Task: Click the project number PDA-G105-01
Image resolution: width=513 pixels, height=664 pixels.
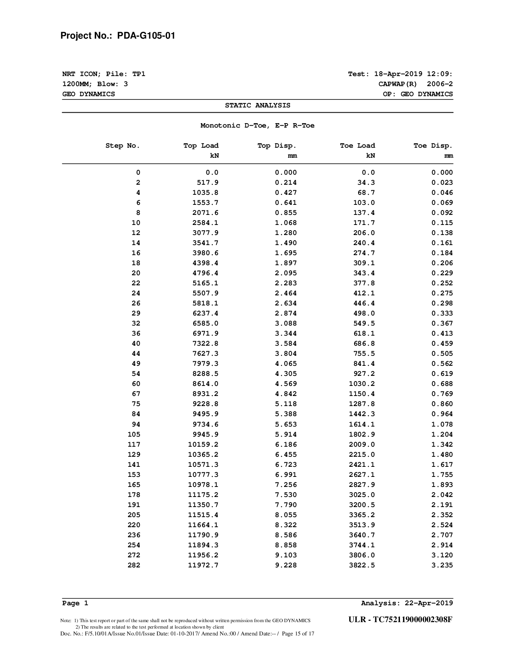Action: tap(146, 36)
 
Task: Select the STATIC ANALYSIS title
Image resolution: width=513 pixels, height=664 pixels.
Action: tap(258, 105)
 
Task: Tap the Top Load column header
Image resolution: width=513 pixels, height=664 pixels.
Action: tap(201, 146)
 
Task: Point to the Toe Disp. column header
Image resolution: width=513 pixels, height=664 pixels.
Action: tap(433, 146)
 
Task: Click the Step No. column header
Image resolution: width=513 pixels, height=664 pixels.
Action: tap(123, 146)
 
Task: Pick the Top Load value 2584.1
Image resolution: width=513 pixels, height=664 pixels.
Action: tap(205, 223)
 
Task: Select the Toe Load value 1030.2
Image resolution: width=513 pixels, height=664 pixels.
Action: tap(362, 384)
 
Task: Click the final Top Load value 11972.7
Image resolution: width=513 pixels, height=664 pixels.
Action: tap(203, 565)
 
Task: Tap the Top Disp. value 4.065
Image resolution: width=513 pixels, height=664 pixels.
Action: tap(286, 364)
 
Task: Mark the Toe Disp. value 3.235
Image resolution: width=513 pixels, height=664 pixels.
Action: tap(442, 565)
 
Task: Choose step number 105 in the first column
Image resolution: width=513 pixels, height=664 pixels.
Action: tap(134, 435)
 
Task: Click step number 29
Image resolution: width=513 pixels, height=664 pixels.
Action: tap(136, 313)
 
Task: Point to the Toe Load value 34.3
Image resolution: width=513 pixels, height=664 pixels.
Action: tap(366, 183)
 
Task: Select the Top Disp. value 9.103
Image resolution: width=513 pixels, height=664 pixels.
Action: tap(286, 555)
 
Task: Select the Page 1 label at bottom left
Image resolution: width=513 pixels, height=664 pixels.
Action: tap(75, 603)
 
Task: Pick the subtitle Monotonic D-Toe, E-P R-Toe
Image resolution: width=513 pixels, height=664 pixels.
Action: tap(258, 126)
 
